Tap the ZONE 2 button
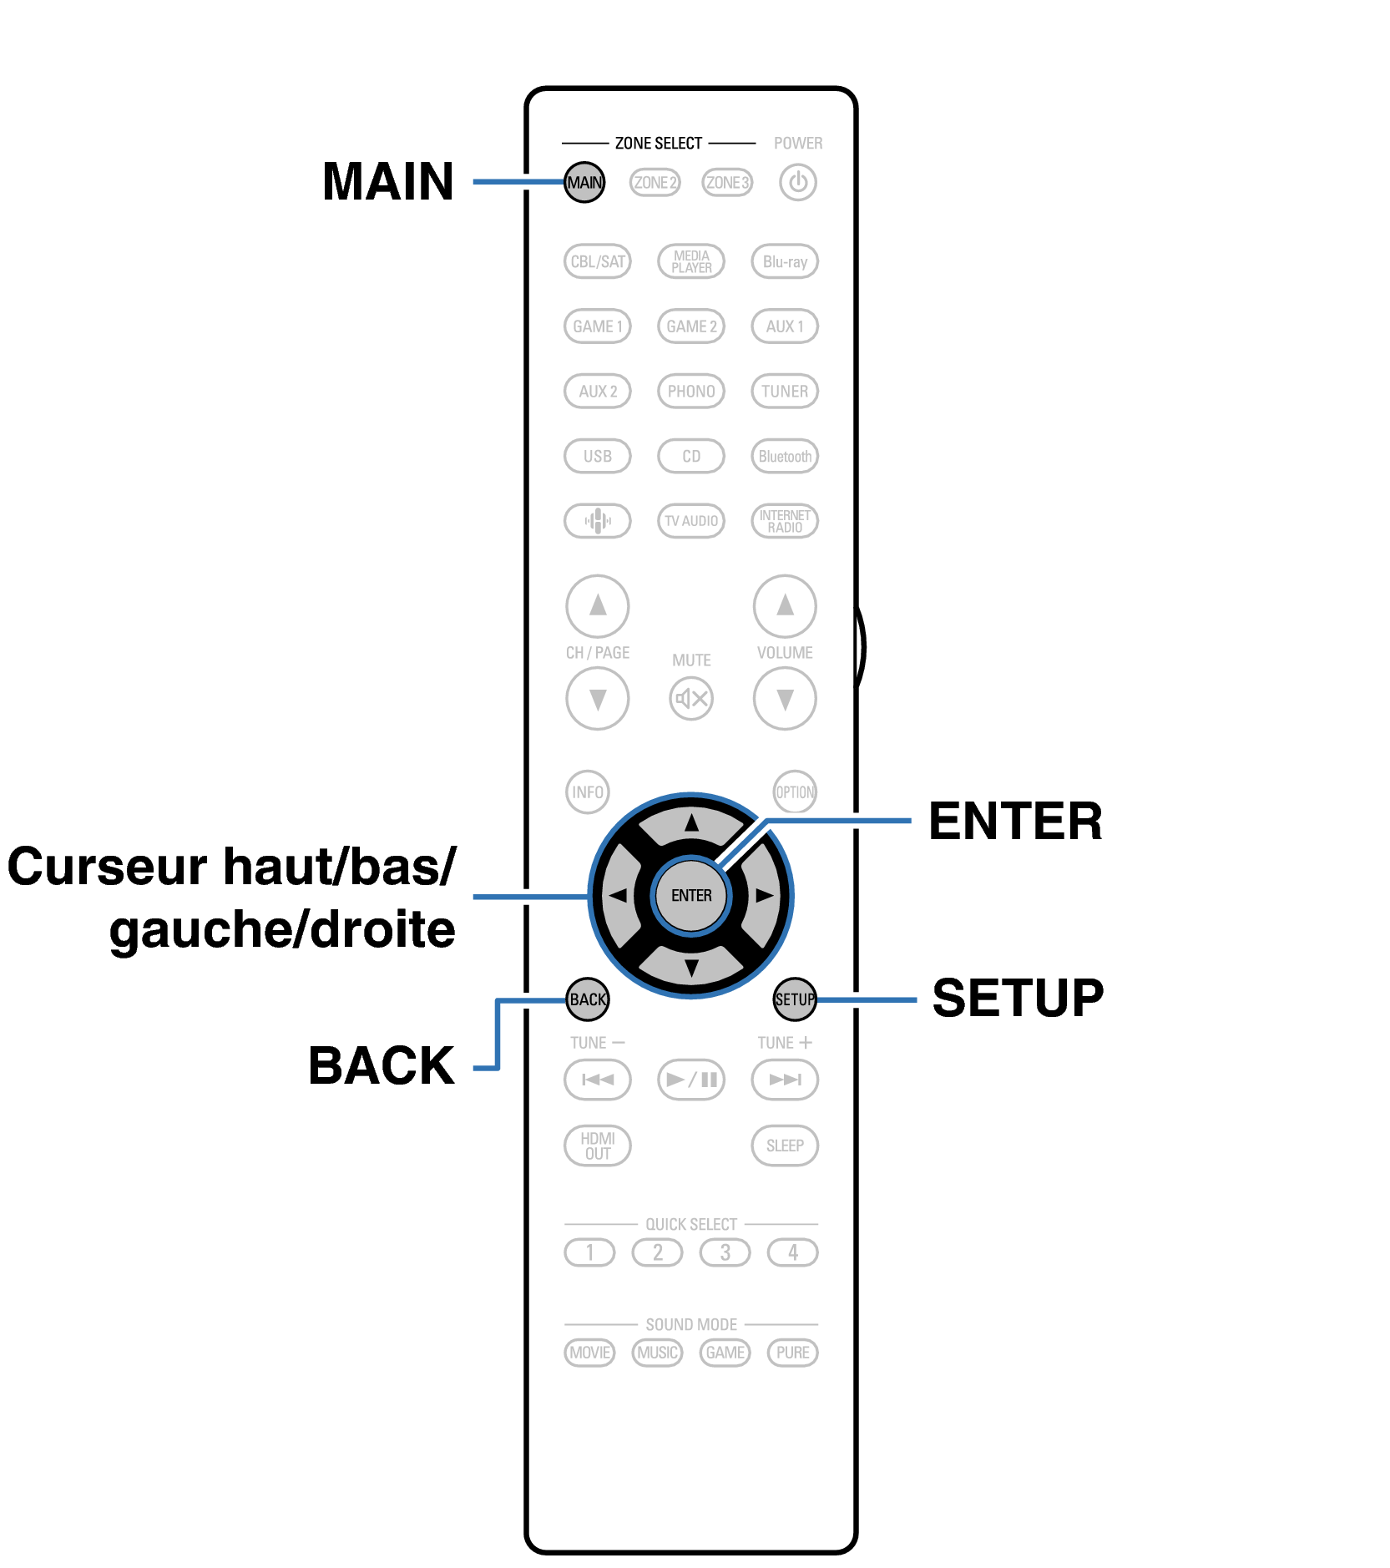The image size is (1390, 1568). pyautogui.click(x=655, y=182)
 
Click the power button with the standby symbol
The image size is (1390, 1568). pyautogui.click(x=798, y=182)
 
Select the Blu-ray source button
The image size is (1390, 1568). pyautogui.click(x=785, y=261)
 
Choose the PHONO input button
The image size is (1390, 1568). pyautogui.click(x=691, y=391)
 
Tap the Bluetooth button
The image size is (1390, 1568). pyautogui.click(x=785, y=456)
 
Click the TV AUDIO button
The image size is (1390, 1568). pyautogui.click(x=691, y=521)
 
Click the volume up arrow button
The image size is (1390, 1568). pyautogui.click(x=785, y=605)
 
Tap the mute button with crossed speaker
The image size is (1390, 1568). pyautogui.click(x=691, y=698)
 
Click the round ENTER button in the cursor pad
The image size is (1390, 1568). pyautogui.click(x=691, y=895)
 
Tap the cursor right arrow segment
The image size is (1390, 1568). pyautogui.click(x=764, y=895)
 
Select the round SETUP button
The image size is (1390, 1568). pyautogui.click(x=795, y=999)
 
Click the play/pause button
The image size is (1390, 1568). pyautogui.click(x=691, y=1080)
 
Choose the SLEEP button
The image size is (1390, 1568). pyautogui.click(x=785, y=1146)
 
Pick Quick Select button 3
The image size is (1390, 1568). pyautogui.click(x=725, y=1252)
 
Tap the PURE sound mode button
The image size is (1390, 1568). pyautogui.click(x=792, y=1353)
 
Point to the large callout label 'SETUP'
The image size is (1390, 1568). pyautogui.click(x=1018, y=998)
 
